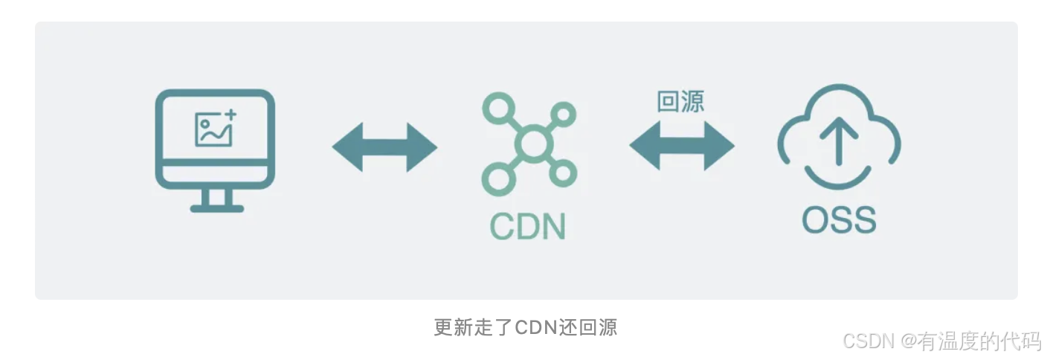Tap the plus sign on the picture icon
230,115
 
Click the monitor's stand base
216,208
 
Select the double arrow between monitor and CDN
384,147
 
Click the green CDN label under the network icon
528,225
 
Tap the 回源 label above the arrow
680,102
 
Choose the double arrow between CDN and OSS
682,146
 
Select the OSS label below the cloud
839,219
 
